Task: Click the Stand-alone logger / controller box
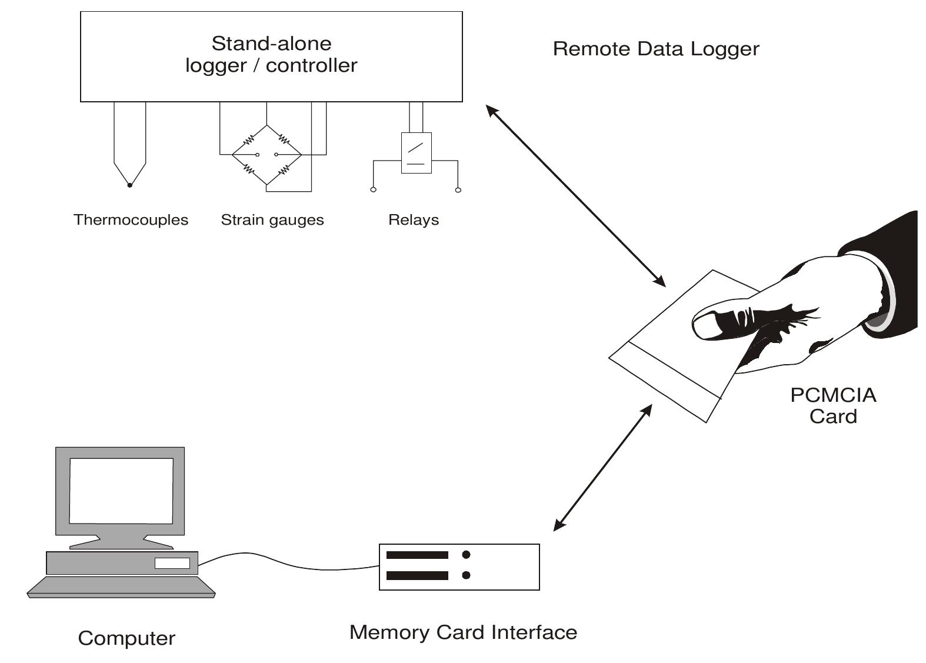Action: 271,56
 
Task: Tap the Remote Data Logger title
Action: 655,49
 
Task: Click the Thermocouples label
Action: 131,220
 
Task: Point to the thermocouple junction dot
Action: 130,185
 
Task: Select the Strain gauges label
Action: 272,220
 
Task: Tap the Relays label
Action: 414,220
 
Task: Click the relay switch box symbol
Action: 416,153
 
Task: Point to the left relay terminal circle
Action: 373,189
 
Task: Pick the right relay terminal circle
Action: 458,189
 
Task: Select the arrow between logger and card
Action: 575,195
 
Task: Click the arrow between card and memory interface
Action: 603,468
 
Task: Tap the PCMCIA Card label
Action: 833,405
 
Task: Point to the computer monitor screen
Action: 121,491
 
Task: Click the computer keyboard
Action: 121,587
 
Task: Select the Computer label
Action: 126,638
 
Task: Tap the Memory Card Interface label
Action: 463,632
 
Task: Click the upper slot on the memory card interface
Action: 417,555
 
